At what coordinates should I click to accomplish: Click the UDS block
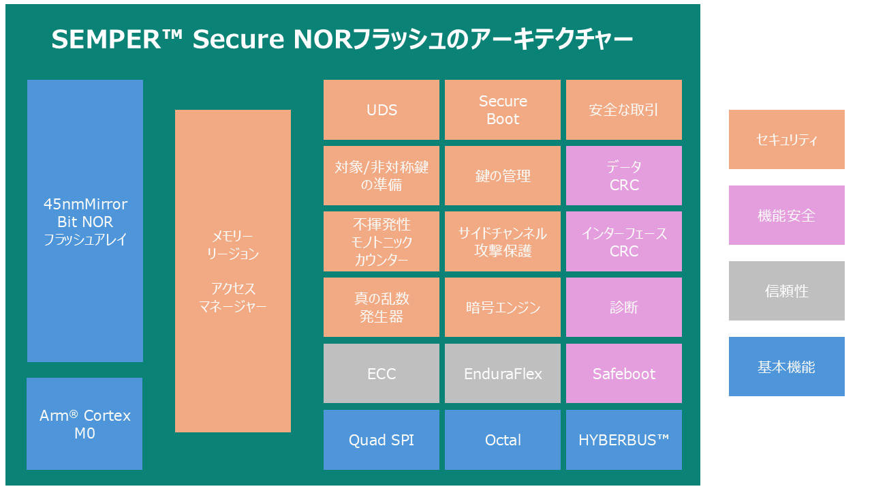click(x=381, y=110)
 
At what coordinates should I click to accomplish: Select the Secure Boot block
click(x=503, y=110)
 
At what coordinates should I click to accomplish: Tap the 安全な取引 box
click(x=624, y=110)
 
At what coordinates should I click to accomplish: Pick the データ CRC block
click(x=624, y=176)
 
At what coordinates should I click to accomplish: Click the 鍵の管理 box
click(x=503, y=176)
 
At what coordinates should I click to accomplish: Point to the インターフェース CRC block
click(x=624, y=242)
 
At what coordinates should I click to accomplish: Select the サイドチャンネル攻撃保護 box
click(x=503, y=242)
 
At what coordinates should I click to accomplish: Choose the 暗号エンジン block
click(x=503, y=308)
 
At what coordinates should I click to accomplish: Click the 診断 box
click(x=624, y=308)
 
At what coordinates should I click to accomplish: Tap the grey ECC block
click(x=381, y=374)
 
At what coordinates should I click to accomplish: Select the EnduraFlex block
click(x=503, y=374)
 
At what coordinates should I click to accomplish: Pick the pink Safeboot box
click(x=624, y=374)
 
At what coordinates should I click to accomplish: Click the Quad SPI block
click(x=381, y=440)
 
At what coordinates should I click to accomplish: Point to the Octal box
click(x=503, y=440)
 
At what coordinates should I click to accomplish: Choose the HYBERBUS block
click(x=624, y=440)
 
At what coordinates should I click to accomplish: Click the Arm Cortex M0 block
click(x=84, y=424)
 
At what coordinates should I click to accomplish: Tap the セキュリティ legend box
click(x=787, y=140)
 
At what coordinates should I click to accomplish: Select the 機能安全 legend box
click(x=787, y=215)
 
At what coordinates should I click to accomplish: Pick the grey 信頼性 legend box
click(x=787, y=291)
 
